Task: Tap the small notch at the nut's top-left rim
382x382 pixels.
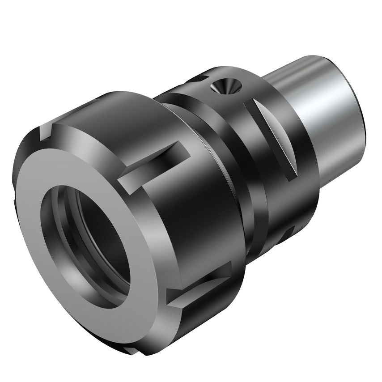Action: point(47,132)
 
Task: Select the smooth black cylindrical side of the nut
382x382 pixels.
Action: point(210,210)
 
